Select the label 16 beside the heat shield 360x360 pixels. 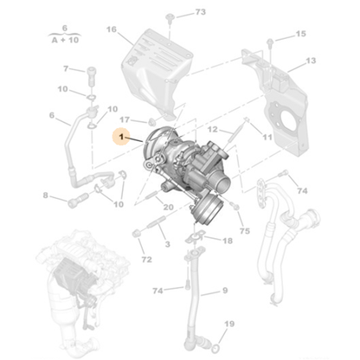(x=111, y=29)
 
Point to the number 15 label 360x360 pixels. (x=300, y=34)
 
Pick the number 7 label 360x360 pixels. (x=65, y=68)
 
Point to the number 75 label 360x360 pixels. (x=245, y=231)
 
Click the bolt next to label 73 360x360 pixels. (x=173, y=15)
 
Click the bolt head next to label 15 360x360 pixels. (x=275, y=39)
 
